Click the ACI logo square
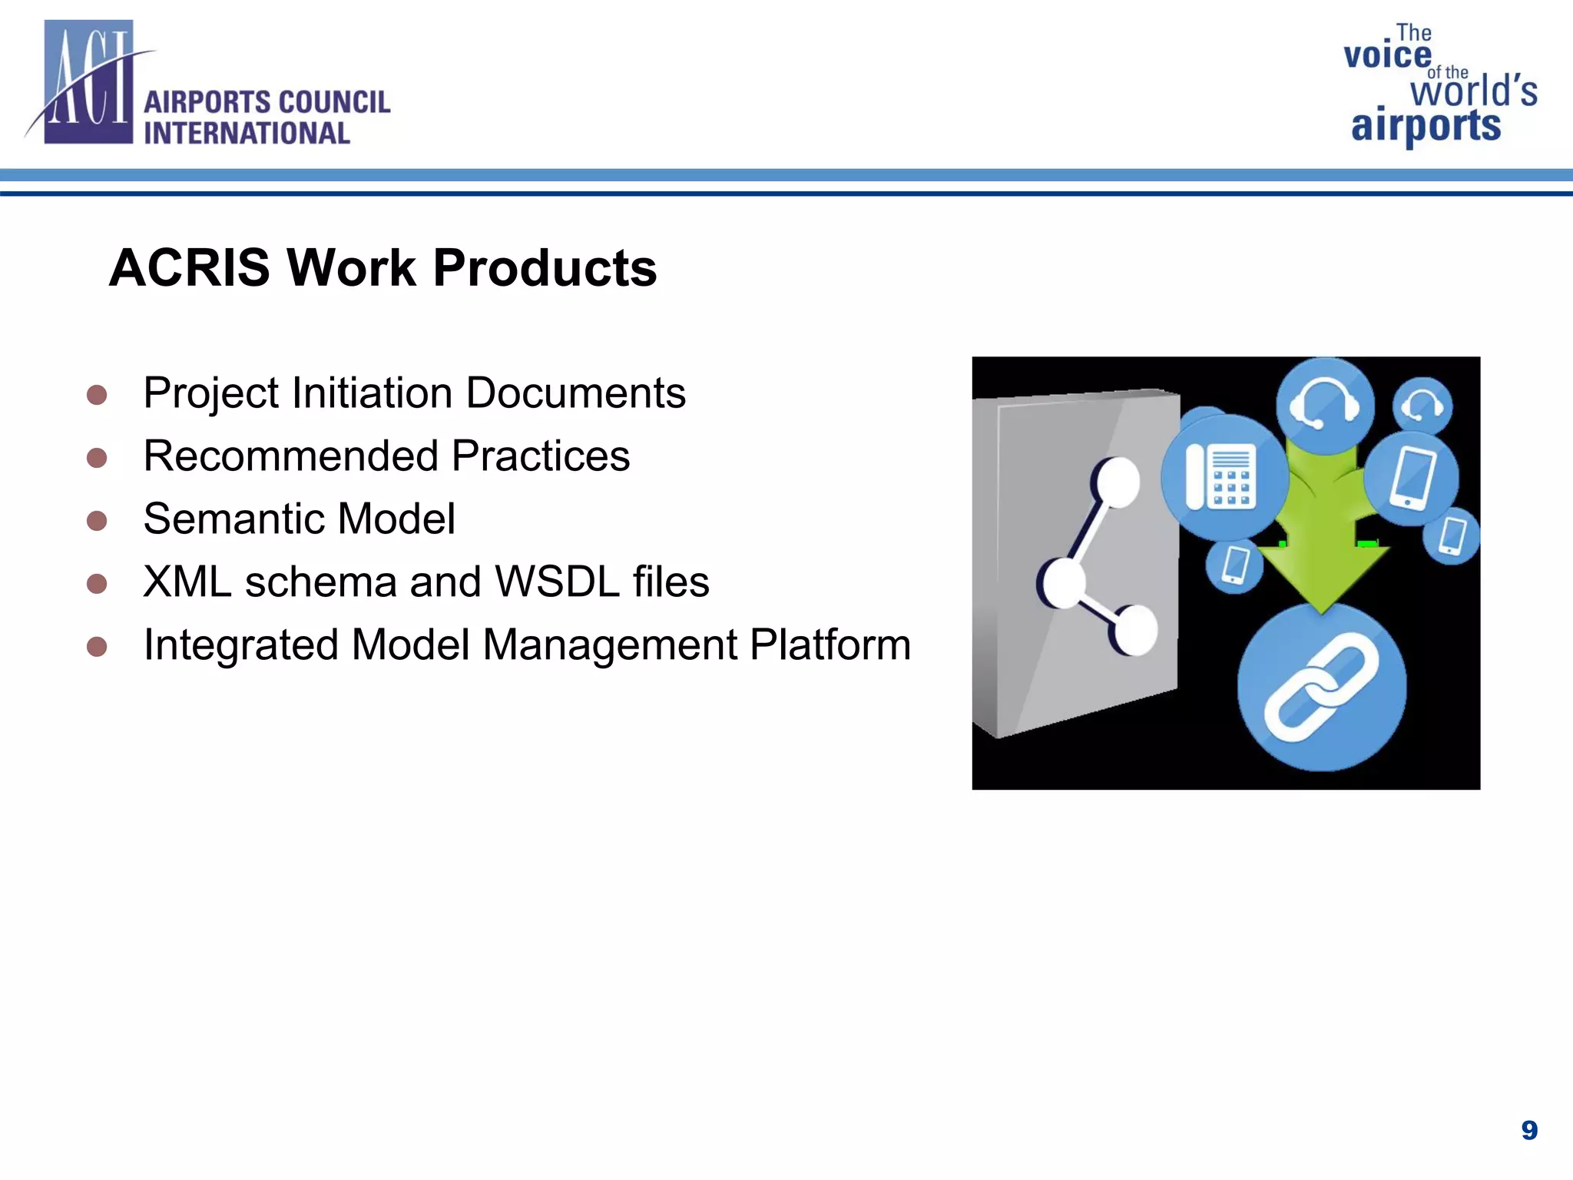(88, 82)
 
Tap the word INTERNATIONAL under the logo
(247, 134)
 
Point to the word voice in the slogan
(1387, 55)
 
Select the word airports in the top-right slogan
(1426, 126)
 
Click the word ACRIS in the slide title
(190, 268)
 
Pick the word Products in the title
(545, 268)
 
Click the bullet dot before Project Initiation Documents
(97, 395)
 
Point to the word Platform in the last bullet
(830, 645)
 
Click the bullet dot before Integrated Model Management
(97, 647)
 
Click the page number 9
(1529, 1130)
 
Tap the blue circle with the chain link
(1321, 687)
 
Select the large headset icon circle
(1324, 404)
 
